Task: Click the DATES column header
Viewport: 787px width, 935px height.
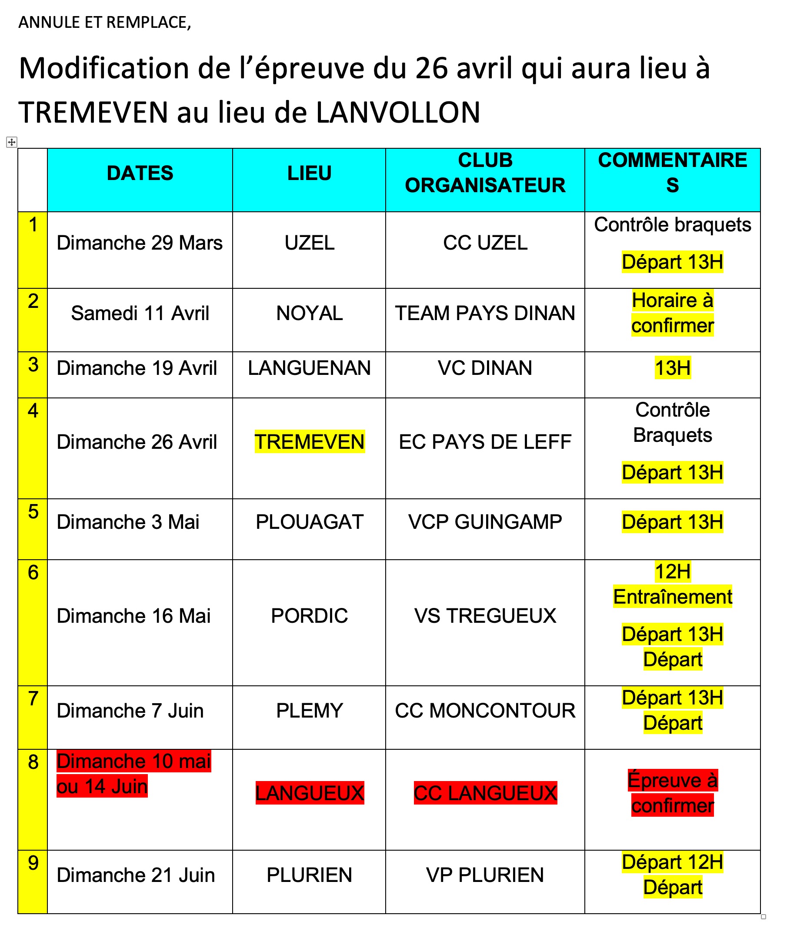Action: (x=140, y=173)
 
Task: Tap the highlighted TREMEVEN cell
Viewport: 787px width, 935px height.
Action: (x=309, y=442)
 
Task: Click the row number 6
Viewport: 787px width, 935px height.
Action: (x=33, y=573)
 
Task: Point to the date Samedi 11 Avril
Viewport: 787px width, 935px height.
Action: (x=140, y=313)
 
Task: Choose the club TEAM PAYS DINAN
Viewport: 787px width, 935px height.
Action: (x=485, y=313)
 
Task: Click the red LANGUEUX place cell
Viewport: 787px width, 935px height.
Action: (x=309, y=793)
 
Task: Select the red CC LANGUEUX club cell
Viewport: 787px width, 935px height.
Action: (x=485, y=793)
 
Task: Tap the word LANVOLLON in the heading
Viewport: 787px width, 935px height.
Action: (x=398, y=113)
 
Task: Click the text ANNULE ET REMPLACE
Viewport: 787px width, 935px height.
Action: (x=104, y=22)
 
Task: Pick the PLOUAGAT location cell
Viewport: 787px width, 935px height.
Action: (x=309, y=522)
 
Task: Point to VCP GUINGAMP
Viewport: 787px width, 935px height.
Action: (x=485, y=522)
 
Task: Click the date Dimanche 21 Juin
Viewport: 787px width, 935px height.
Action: (x=136, y=875)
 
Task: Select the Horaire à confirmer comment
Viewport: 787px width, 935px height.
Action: (x=672, y=313)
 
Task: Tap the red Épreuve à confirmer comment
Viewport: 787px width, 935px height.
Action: (x=672, y=793)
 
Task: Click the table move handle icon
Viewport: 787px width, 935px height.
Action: (x=12, y=142)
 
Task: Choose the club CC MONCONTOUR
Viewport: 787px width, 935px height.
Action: (x=485, y=711)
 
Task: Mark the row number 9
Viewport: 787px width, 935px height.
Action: (x=33, y=863)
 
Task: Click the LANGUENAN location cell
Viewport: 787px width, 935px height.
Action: (x=309, y=368)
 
